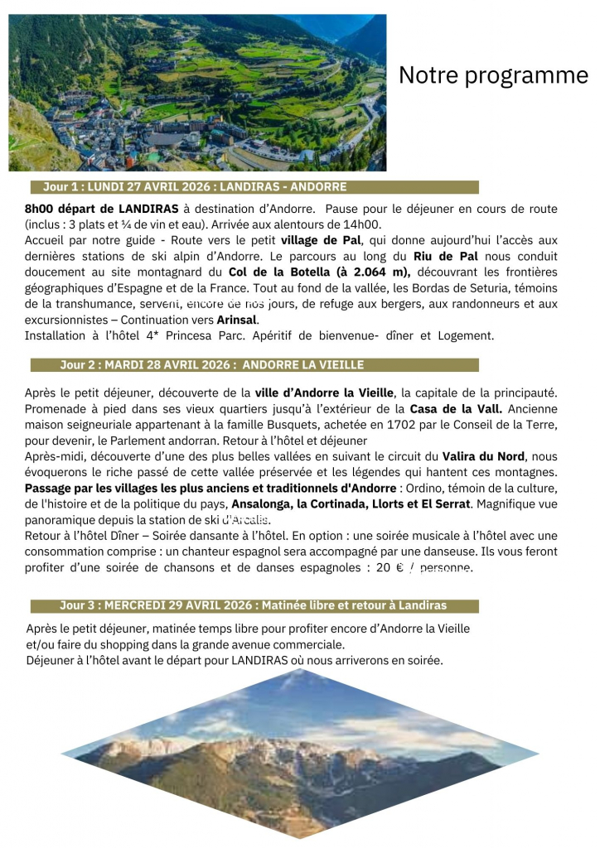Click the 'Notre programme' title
click(x=493, y=75)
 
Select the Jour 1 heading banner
click(x=254, y=187)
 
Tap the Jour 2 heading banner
click(x=254, y=365)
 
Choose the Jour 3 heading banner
click(x=254, y=606)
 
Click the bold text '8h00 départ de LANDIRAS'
click(x=102, y=209)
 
